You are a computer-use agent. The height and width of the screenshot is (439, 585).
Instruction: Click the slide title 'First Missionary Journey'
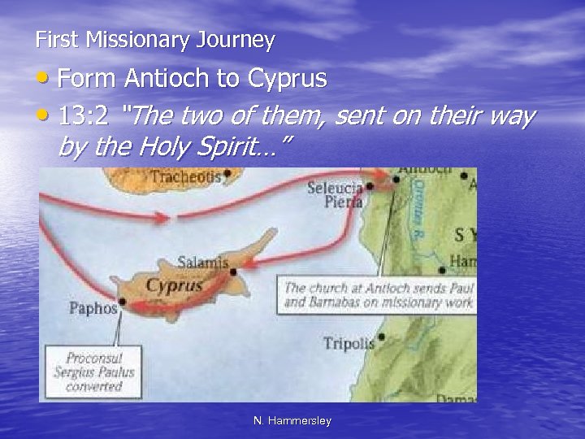155,39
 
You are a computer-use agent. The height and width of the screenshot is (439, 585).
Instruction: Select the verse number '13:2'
84,117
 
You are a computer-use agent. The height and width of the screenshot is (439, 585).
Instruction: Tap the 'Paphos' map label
93,308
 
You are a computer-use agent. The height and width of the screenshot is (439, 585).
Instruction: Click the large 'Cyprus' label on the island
174,285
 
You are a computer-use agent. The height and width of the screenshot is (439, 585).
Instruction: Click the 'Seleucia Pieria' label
333,194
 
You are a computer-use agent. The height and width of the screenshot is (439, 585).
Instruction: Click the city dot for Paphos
122,307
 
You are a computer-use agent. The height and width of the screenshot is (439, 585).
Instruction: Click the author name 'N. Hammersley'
292,420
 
